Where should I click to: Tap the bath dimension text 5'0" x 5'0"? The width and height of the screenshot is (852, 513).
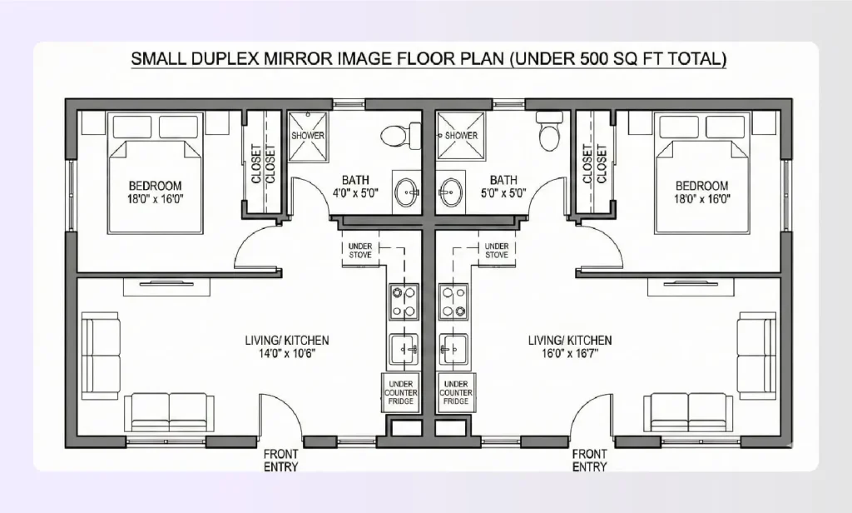coord(503,193)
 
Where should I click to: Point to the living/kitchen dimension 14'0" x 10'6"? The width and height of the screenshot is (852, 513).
coord(286,353)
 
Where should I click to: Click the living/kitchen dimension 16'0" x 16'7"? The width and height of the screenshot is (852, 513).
coord(570,353)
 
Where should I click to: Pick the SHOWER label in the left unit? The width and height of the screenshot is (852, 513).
coord(307,135)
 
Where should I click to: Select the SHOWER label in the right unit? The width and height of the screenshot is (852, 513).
coord(461,135)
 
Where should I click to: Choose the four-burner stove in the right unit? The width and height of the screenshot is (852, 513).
coord(455,302)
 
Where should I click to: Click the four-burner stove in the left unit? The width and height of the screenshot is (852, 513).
coord(404,302)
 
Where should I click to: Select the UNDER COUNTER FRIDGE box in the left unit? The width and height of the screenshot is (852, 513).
coord(400,392)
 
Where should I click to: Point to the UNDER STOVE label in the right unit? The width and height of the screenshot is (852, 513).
coord(497,250)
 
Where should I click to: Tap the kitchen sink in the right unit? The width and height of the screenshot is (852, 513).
coord(455,349)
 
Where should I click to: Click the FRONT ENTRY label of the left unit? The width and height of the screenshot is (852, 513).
coord(281,461)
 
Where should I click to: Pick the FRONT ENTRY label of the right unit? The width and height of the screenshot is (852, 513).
coord(589,461)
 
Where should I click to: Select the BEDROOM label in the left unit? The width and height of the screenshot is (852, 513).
coord(155,185)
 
